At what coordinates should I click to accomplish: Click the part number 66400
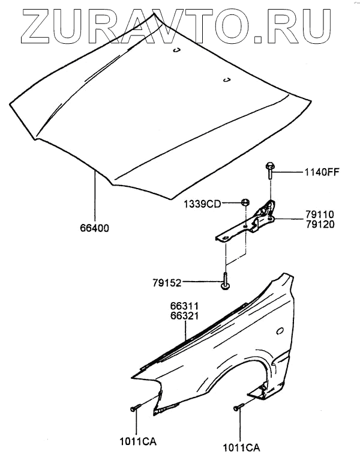point(94,229)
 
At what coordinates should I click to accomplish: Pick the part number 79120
point(319,224)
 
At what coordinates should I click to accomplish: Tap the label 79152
point(165,282)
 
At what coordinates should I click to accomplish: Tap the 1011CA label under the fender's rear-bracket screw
point(240,444)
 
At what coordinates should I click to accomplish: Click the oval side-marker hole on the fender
point(280,330)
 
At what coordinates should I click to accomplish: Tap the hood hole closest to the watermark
point(177,51)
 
